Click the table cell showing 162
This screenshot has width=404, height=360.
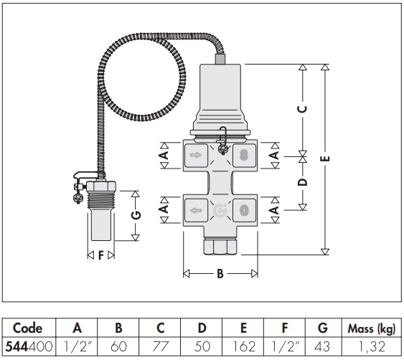pos(243,346)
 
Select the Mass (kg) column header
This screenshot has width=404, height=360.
pos(371,328)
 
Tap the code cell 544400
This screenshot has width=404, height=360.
pos(29,346)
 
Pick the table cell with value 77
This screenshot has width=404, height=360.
pos(160,346)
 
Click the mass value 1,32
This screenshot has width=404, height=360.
pos(371,346)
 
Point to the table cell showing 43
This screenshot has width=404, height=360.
pos(322,346)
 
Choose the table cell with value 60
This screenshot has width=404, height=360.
pos(119,346)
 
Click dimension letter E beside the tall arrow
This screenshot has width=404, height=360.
pos(325,158)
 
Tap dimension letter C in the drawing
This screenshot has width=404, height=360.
pos(303,109)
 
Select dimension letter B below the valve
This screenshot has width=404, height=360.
pos(220,274)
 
